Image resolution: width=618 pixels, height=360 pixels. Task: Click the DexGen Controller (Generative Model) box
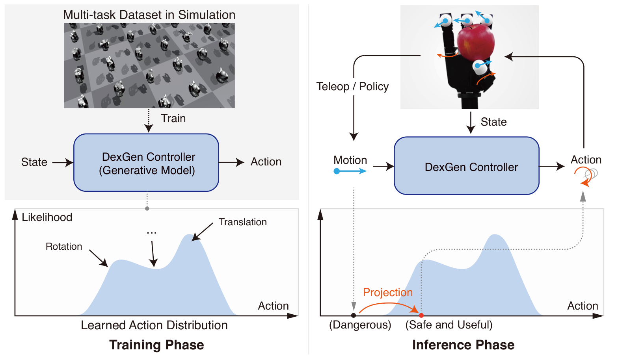click(146, 163)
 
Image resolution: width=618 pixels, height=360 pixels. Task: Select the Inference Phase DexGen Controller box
click(467, 166)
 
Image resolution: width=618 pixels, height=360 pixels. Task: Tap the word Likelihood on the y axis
click(47, 217)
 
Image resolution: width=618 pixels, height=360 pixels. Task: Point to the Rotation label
click(64, 247)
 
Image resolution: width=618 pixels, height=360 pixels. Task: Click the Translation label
click(243, 222)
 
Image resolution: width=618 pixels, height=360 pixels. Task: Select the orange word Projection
click(387, 293)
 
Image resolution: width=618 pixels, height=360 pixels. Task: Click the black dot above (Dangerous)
click(354, 315)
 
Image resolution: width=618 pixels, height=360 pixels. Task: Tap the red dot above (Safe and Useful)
click(421, 315)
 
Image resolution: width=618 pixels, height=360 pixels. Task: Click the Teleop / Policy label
click(352, 87)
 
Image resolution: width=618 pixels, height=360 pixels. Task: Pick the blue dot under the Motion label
click(337, 171)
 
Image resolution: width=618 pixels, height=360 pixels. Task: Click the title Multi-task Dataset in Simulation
click(149, 15)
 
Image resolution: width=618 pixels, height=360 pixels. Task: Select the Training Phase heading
click(156, 345)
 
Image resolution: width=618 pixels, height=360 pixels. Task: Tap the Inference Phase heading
click(463, 345)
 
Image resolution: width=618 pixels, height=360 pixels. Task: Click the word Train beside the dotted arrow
click(173, 119)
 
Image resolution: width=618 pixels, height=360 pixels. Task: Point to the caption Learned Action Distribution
click(154, 325)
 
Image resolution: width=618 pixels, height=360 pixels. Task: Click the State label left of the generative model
click(34, 162)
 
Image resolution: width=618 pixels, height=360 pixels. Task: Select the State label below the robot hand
click(493, 122)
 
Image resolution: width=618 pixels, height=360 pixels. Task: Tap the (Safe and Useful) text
click(449, 325)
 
